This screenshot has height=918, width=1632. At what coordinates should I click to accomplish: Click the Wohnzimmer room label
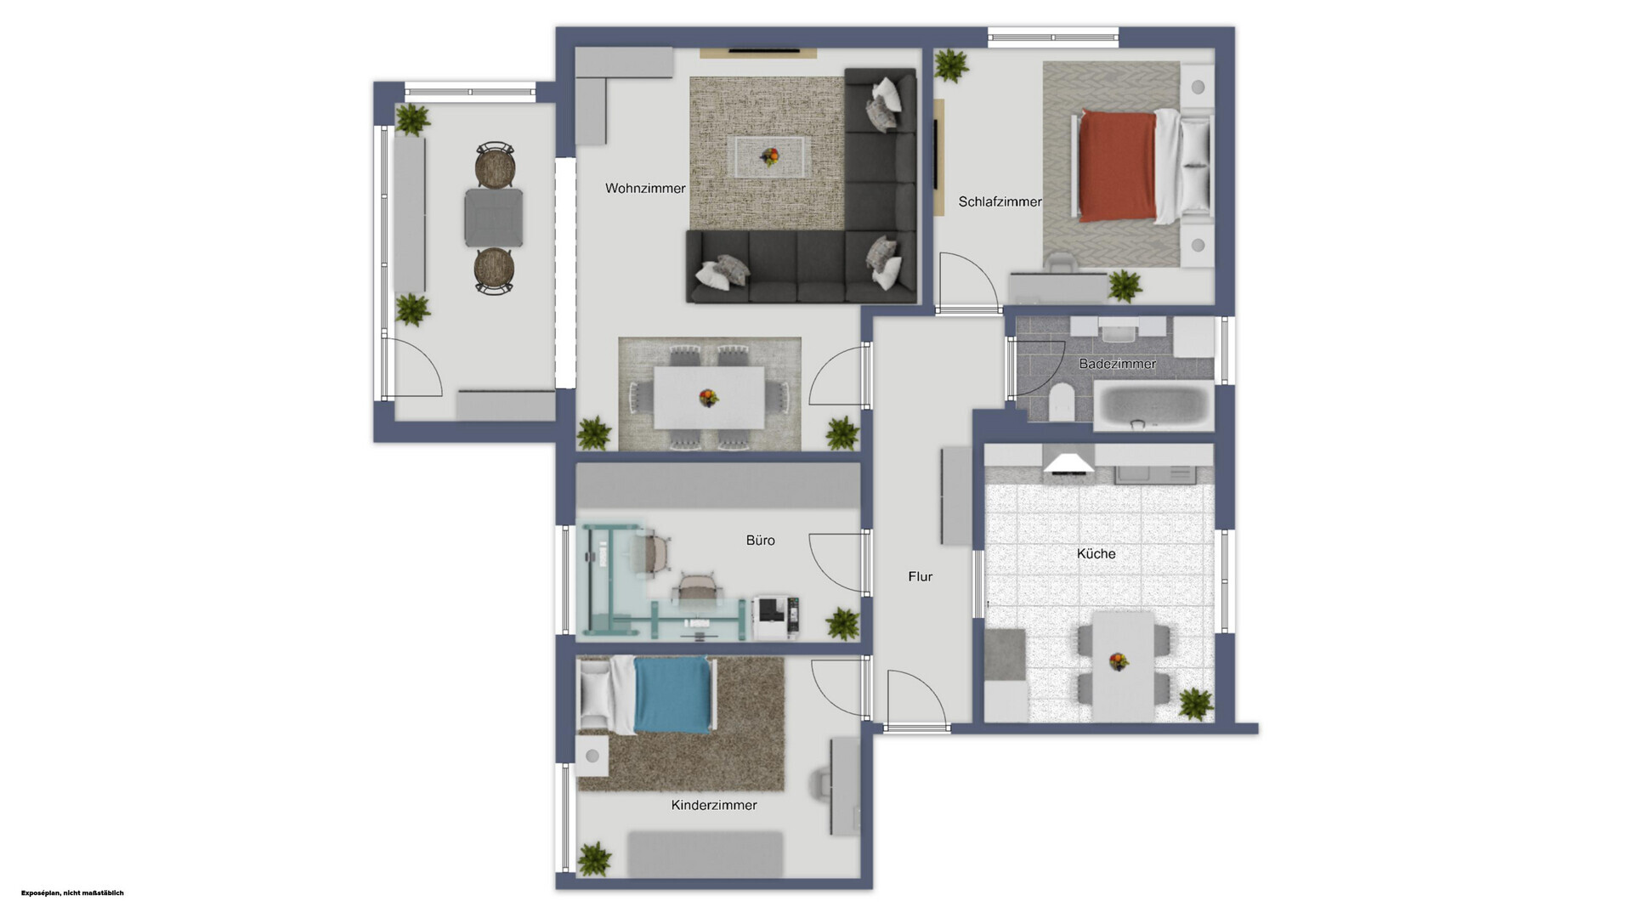point(645,189)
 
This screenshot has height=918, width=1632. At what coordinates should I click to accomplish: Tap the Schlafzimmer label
point(1000,202)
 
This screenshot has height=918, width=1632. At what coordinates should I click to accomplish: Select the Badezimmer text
point(1117,364)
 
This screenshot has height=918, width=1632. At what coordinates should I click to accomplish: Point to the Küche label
point(1096,553)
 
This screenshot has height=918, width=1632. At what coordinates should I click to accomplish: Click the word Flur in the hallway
point(920,576)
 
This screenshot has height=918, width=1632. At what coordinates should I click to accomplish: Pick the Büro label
point(760,541)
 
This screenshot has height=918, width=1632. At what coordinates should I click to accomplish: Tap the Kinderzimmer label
point(714,805)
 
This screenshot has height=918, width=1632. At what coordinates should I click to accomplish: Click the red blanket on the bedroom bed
point(1117,166)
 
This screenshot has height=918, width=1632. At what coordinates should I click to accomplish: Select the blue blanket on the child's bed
point(672,694)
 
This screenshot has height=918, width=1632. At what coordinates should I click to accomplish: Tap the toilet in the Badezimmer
point(1062,401)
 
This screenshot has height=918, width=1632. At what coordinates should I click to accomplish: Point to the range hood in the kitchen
point(1069,463)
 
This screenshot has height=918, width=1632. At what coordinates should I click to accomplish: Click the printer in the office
point(776,615)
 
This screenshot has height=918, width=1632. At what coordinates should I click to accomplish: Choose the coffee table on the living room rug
point(770,157)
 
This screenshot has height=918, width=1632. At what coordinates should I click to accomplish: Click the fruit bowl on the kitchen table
point(1119,660)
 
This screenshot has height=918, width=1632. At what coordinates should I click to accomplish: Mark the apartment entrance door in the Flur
point(916,700)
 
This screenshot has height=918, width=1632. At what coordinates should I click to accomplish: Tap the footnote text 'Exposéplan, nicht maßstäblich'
point(72,892)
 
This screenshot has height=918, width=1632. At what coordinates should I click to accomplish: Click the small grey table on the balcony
point(493,218)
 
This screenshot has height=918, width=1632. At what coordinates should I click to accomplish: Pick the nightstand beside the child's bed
point(592,756)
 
